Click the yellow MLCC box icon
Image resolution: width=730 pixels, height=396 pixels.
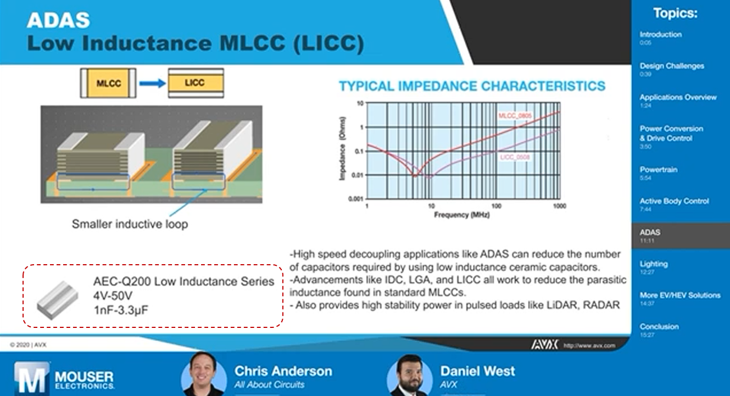coord(108,83)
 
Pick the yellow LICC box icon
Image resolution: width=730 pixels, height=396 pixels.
coord(195,83)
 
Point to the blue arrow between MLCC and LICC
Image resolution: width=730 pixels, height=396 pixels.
coord(152,83)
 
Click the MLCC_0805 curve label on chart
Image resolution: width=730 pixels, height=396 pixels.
coord(515,116)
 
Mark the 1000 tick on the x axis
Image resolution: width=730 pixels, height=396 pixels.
coord(559,206)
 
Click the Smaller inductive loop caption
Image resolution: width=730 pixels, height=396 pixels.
coord(130,224)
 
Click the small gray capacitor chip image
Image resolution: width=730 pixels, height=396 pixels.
coord(57,299)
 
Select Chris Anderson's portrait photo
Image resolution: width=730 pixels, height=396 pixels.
coord(203,375)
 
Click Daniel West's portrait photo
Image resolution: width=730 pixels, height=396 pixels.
coord(409,376)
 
